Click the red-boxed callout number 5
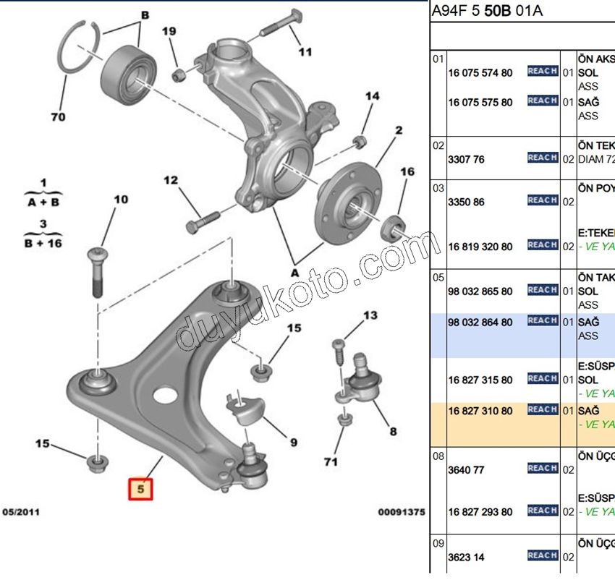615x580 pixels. point(142,490)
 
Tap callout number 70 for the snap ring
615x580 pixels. point(59,116)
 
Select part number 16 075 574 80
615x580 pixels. point(480,73)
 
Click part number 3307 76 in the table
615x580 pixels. point(466,159)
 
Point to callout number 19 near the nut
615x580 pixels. point(169,32)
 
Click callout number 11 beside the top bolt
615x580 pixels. point(305,51)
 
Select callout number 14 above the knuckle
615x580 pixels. point(372,96)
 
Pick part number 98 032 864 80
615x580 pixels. point(480,322)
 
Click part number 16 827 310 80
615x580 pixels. point(480,411)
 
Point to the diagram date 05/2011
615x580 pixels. point(21,512)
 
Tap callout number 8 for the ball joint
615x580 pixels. point(393,432)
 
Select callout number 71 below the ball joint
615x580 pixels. point(332,461)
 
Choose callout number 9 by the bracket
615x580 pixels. point(294,442)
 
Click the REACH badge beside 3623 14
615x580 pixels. point(542,555)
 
